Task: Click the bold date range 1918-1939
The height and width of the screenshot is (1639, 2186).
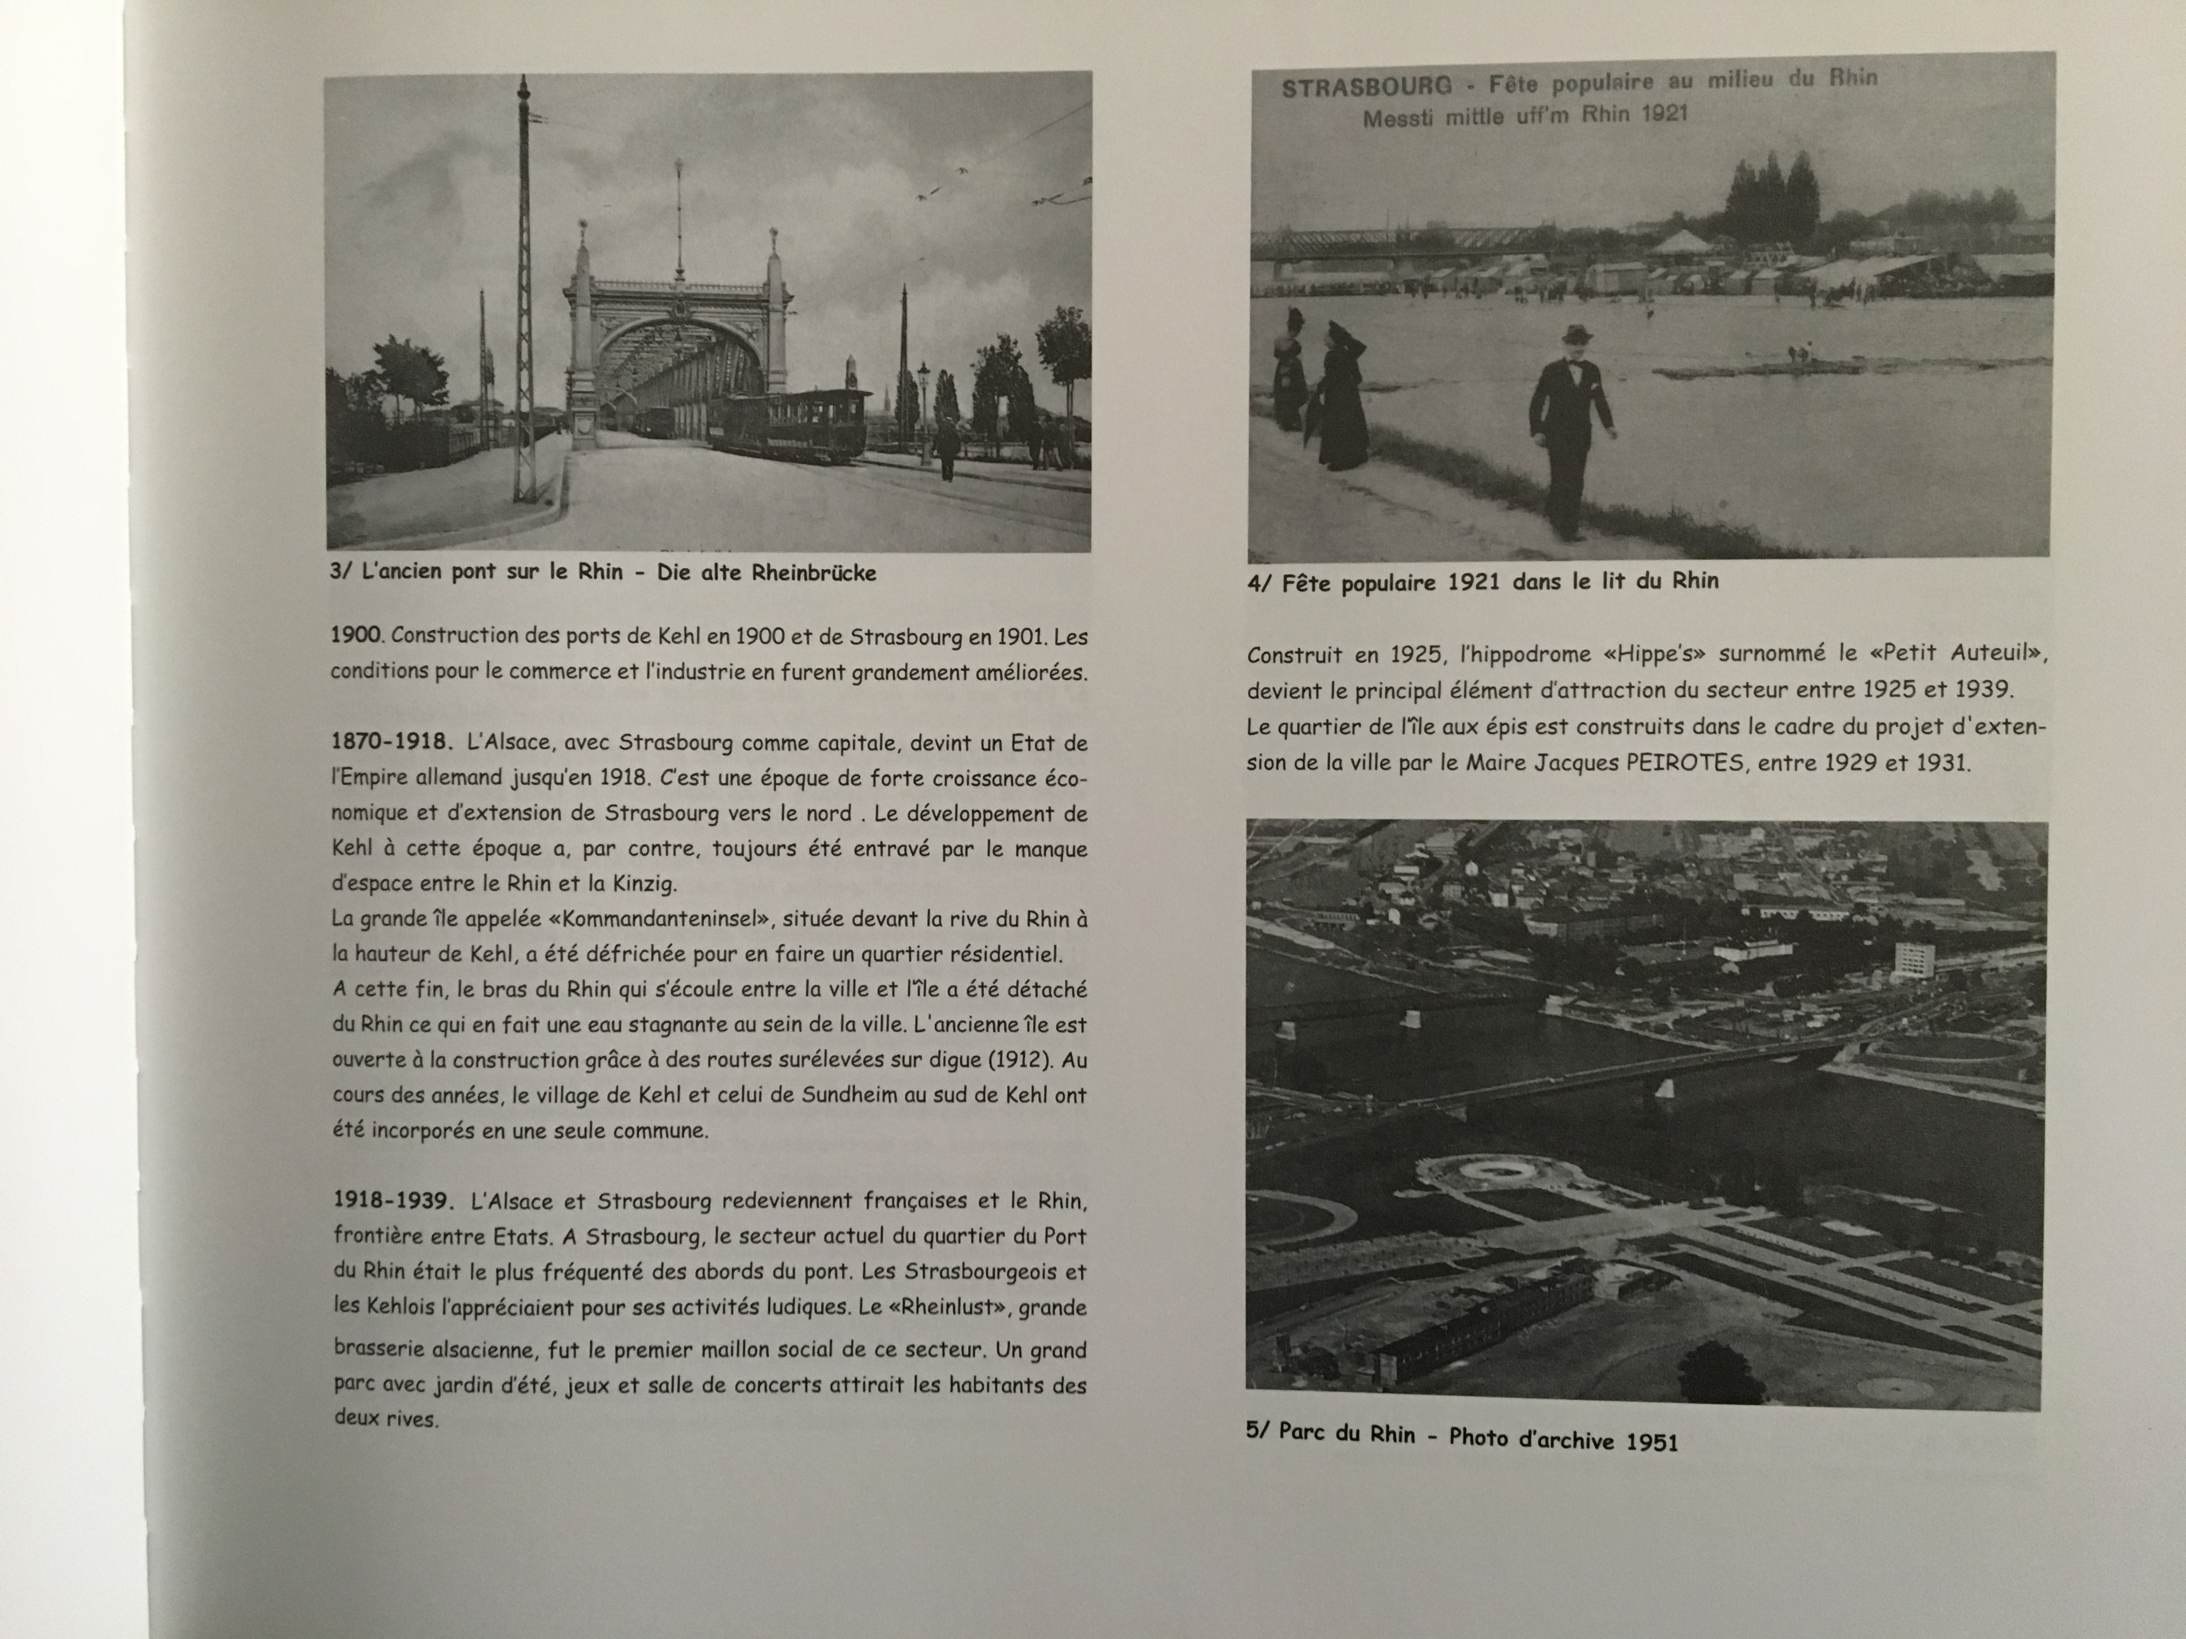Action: pos(393,1201)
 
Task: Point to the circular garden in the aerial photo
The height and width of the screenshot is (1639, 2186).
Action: pos(1482,1173)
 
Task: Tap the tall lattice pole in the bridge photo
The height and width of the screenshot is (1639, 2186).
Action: pos(524,296)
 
